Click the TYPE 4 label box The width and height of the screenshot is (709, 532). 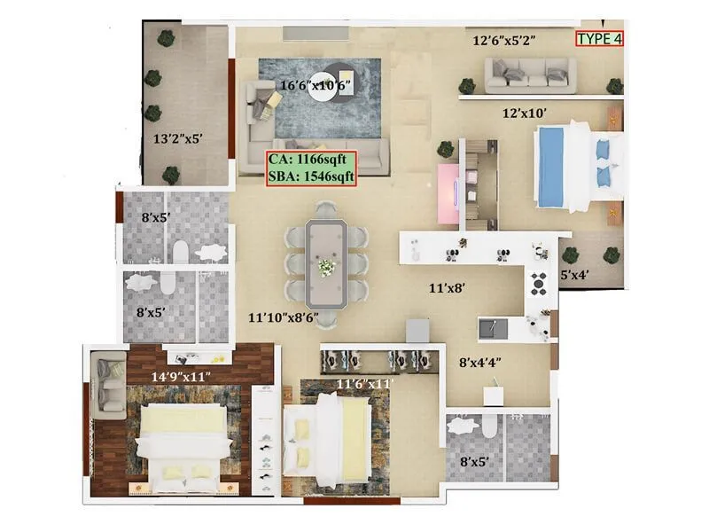600,38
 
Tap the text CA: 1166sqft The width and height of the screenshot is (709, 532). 312,160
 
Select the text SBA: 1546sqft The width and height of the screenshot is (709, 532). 312,176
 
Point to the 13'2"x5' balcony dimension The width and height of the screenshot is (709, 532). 181,138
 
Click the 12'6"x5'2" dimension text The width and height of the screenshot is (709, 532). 504,40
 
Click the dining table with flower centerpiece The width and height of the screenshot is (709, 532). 327,263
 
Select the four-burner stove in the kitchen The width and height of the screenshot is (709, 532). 539,284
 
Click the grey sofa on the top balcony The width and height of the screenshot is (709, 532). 530,74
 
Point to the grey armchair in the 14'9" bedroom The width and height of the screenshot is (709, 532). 111,384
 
